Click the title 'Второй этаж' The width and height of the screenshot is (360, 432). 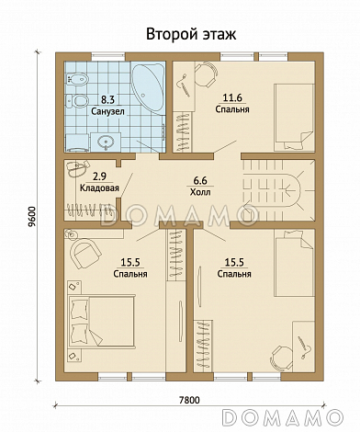tap(191, 34)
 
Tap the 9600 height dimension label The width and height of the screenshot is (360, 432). tap(31, 216)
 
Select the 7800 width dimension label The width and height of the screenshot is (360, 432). tap(189, 400)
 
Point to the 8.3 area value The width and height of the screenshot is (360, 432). tap(107, 99)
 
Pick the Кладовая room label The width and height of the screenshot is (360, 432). tap(99, 188)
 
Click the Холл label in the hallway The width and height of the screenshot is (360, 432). tap(200, 192)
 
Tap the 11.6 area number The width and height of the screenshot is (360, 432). tap(232, 97)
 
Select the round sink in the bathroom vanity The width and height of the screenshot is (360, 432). tap(106, 142)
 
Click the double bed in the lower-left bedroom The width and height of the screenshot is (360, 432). tap(102, 321)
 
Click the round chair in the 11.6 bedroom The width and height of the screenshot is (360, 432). tap(207, 74)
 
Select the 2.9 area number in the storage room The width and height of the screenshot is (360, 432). tap(98, 176)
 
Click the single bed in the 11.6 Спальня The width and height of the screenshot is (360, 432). tap(294, 117)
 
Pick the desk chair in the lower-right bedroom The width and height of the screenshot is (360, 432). tap(282, 358)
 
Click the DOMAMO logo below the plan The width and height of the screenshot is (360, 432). tap(282, 417)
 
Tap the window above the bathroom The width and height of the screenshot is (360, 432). tap(109, 57)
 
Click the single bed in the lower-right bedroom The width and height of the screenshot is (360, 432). tap(295, 263)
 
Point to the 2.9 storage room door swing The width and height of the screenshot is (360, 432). tap(127, 185)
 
